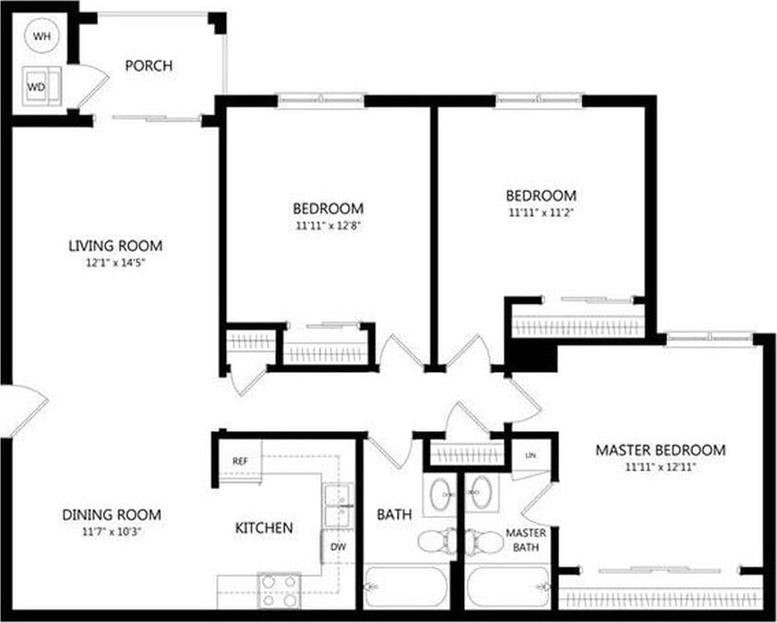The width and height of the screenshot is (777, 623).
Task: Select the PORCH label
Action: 149,66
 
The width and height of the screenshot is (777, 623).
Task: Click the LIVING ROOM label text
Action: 115,246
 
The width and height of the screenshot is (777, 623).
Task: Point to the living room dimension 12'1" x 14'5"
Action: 115,262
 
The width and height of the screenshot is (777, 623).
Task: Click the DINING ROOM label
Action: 112,515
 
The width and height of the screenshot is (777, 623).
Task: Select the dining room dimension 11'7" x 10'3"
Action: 112,531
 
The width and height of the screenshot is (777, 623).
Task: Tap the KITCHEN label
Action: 264,528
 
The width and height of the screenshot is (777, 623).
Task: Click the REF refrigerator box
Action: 240,461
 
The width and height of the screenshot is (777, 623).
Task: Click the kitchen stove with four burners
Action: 278,590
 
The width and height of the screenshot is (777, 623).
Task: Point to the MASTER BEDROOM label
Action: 660,450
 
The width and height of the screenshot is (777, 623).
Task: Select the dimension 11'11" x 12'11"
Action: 660,467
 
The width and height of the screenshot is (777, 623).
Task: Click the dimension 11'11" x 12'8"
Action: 328,224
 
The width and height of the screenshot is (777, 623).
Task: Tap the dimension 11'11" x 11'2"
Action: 541,212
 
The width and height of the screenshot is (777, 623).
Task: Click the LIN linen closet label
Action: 531,456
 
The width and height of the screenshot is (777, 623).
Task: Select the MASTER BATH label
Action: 526,542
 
